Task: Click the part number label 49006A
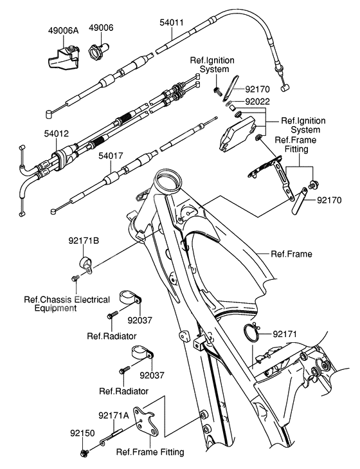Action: point(63,29)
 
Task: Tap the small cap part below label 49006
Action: point(100,49)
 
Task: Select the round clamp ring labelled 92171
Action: point(253,335)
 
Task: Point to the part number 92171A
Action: point(114,415)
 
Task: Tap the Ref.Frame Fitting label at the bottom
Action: point(150,452)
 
